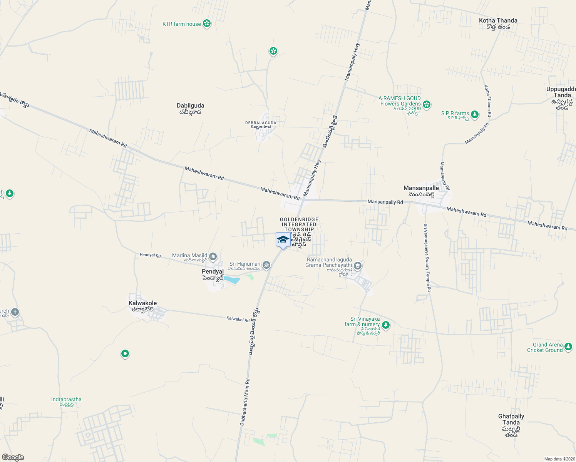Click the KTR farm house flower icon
[x=207, y=24]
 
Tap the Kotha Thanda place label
[x=498, y=21]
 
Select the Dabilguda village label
[x=190, y=106]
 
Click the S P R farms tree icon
[x=475, y=114]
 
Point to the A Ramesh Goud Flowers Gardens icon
[x=426, y=104]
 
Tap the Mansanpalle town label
[x=421, y=188]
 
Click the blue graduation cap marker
[x=283, y=239]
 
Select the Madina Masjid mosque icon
[x=213, y=256]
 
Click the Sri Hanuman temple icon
[x=266, y=265]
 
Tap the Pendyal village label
[x=213, y=272]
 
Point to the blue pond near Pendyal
[x=231, y=280]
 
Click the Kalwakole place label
[x=142, y=303]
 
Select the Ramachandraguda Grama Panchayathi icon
[x=358, y=266]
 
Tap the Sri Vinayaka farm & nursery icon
[x=386, y=325]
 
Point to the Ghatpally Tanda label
[x=511, y=419]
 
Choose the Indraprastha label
[x=66, y=400]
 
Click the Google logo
[x=13, y=457]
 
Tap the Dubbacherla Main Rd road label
[x=245, y=402]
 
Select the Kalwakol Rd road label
[x=238, y=319]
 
